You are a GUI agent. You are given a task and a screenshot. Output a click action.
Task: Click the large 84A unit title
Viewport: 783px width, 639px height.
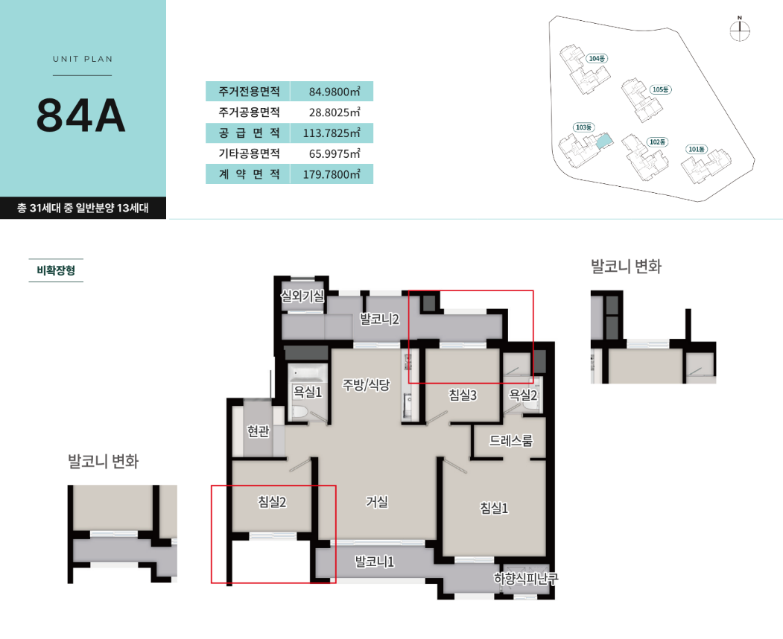click(x=81, y=115)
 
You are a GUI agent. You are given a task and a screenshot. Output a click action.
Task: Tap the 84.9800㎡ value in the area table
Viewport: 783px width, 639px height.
click(x=335, y=92)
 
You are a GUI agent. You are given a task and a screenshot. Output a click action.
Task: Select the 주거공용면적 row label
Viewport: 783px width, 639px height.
click(x=249, y=112)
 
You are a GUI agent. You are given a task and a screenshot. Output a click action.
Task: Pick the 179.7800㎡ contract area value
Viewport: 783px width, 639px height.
click(x=332, y=174)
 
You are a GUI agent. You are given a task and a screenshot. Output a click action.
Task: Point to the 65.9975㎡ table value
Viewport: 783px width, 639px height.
click(x=335, y=153)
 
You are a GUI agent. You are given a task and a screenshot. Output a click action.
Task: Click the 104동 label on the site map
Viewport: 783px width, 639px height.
click(x=597, y=58)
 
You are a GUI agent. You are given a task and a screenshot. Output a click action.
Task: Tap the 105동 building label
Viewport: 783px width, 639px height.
click(x=661, y=89)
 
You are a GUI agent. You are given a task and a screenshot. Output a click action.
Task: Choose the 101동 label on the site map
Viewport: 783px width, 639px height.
click(x=697, y=149)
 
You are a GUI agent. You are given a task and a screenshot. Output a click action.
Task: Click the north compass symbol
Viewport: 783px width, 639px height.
click(x=740, y=30)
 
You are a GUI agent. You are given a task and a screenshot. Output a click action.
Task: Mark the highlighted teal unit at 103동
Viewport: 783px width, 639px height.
click(x=604, y=142)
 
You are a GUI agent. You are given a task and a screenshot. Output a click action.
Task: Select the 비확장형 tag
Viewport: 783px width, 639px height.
click(x=56, y=270)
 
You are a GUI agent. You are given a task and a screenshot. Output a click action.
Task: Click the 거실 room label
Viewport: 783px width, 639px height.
click(x=377, y=501)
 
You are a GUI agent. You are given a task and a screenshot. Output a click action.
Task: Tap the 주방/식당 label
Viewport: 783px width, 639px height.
click(x=366, y=385)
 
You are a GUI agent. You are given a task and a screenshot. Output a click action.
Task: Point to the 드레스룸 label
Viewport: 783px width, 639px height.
click(x=511, y=440)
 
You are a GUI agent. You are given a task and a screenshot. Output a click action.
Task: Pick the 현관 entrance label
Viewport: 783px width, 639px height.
click(x=259, y=430)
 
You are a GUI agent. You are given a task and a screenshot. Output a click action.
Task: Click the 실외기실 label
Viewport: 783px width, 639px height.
click(x=302, y=296)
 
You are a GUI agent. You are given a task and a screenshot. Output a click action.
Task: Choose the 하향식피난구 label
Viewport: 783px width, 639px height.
click(x=526, y=579)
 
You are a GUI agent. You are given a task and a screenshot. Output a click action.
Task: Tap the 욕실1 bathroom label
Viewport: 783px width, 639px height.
click(x=308, y=392)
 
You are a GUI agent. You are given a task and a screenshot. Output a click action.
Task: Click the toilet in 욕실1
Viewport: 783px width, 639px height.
click(x=299, y=413)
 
